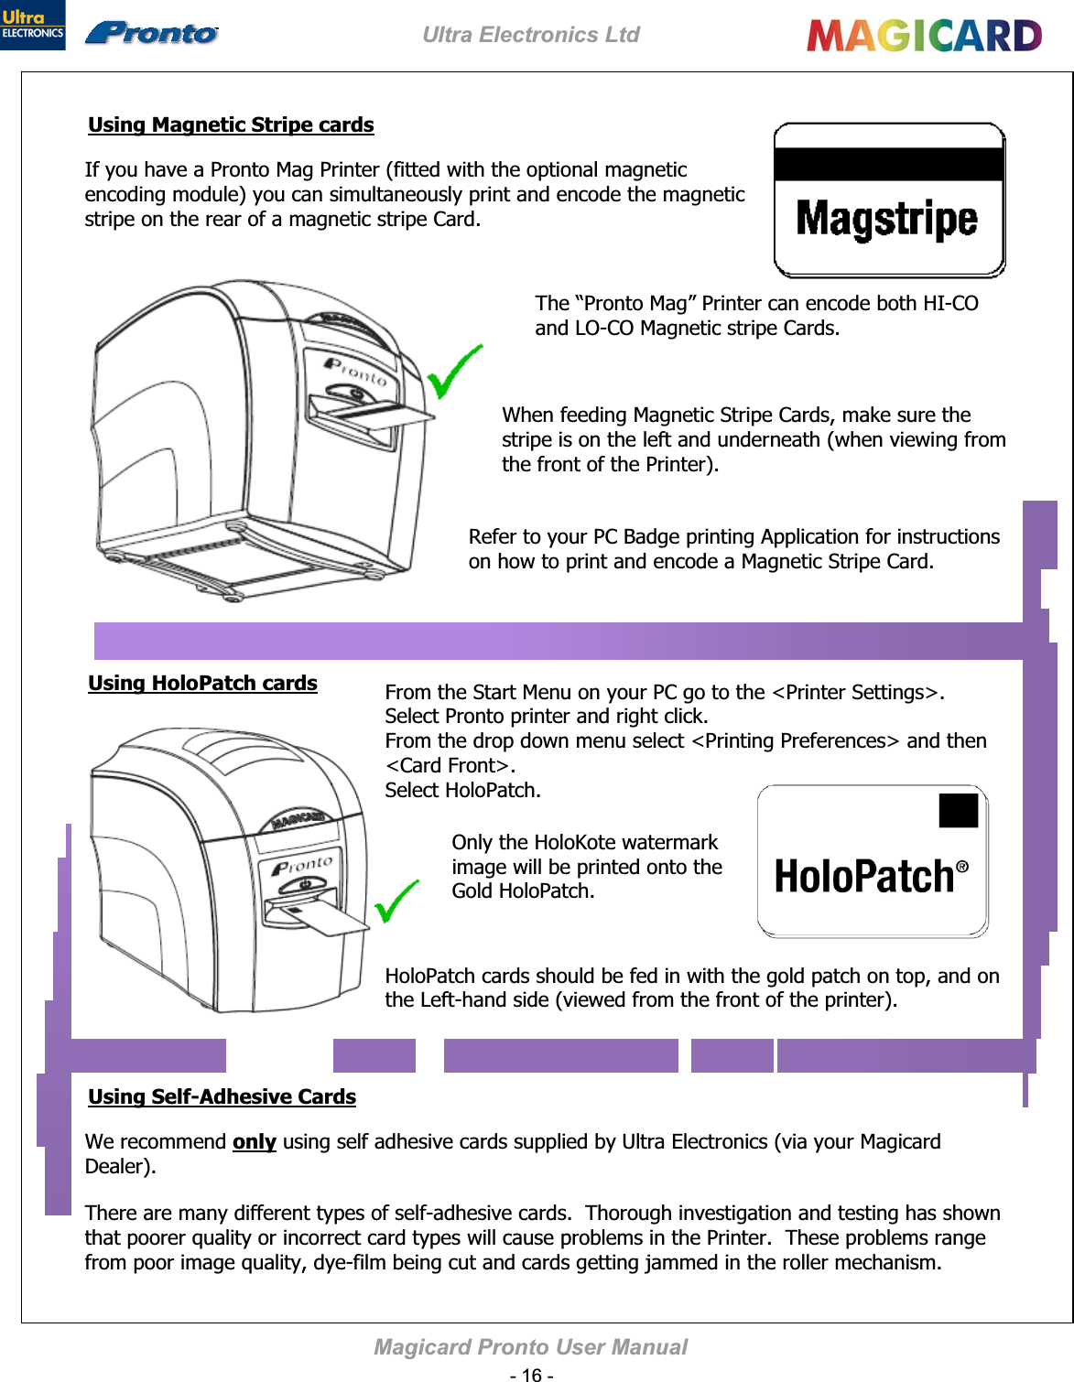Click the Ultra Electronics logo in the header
point(33,25)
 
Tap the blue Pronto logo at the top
point(152,33)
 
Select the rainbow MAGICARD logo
point(924,36)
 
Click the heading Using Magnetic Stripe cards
point(231,124)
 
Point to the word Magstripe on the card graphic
point(886,220)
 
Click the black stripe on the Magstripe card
point(889,164)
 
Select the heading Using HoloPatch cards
point(202,683)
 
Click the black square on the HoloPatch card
point(959,811)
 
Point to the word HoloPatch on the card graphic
point(864,876)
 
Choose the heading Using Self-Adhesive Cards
point(222,1096)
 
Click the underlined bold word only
point(254,1141)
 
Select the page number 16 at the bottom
point(532,1375)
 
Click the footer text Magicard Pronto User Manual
point(530,1347)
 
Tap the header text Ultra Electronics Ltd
point(531,35)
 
